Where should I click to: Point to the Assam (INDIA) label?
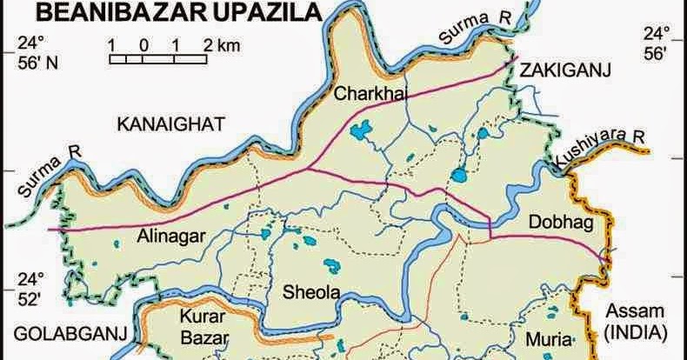click(x=634, y=321)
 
